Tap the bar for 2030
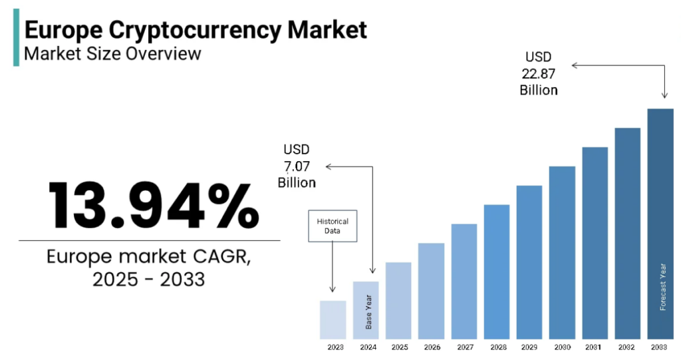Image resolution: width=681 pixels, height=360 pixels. click(x=562, y=252)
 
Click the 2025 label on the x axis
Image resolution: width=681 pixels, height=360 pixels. click(x=399, y=347)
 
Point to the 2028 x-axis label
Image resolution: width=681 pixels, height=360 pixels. click(x=497, y=347)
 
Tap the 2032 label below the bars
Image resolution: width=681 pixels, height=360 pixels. click(x=627, y=347)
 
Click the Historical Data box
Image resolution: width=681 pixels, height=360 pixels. click(x=333, y=226)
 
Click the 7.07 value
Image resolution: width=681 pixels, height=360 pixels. click(x=297, y=166)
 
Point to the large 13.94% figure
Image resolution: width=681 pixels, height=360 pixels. click(x=154, y=204)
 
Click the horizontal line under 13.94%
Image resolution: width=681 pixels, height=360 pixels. click(x=149, y=240)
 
